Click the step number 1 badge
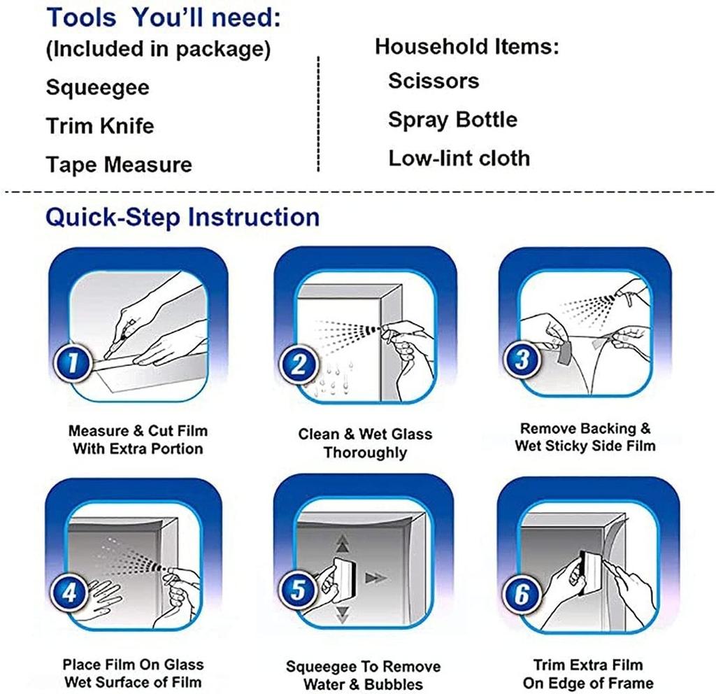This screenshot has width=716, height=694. (x=73, y=364)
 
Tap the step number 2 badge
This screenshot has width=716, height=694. (x=298, y=364)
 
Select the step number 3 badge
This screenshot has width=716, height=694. (x=522, y=359)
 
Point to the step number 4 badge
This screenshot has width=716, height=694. (x=69, y=593)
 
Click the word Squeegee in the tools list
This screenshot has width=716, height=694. (x=98, y=87)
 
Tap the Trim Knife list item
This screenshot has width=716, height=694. (x=100, y=126)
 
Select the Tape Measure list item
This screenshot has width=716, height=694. (x=119, y=164)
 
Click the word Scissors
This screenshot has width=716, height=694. (x=434, y=81)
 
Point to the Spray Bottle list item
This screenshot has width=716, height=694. (x=452, y=120)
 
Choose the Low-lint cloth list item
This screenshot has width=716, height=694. (x=459, y=158)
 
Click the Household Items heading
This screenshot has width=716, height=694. (x=466, y=47)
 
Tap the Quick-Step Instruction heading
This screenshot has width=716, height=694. (x=182, y=217)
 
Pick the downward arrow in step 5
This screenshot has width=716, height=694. (x=342, y=615)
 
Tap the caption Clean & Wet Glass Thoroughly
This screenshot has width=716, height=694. (x=365, y=443)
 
